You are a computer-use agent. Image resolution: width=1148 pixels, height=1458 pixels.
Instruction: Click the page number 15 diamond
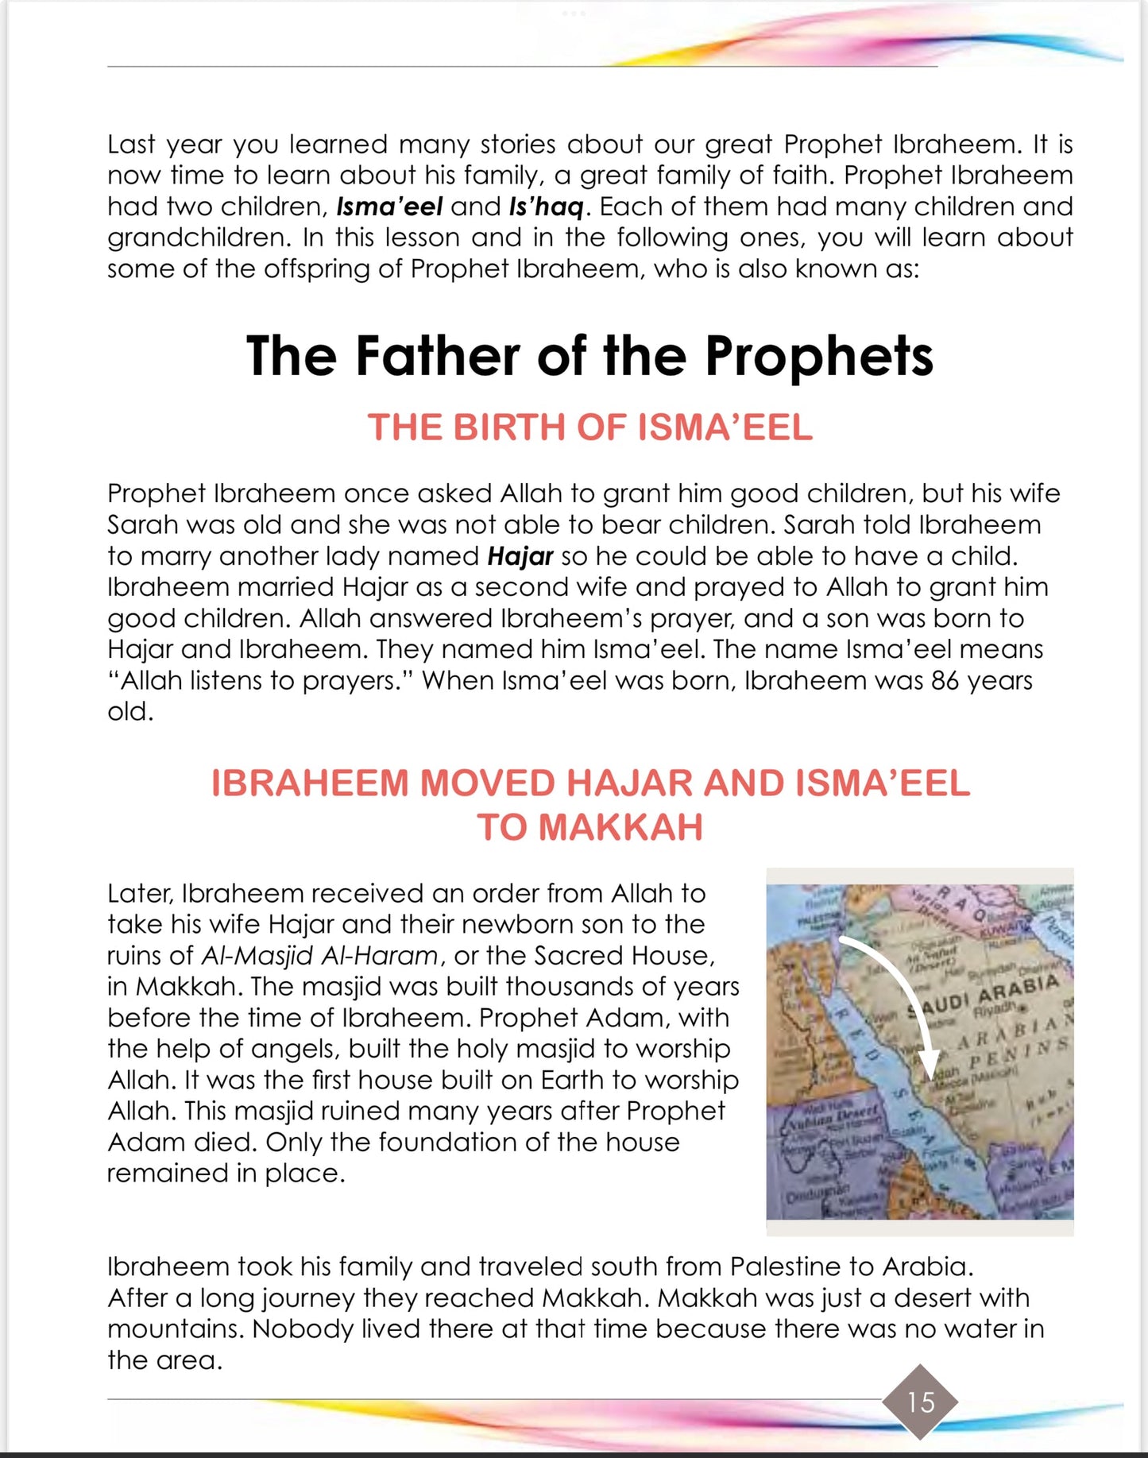click(x=920, y=1402)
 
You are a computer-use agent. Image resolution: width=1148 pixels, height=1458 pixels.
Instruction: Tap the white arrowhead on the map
click(x=928, y=1062)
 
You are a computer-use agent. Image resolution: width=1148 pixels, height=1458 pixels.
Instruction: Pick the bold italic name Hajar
click(x=520, y=556)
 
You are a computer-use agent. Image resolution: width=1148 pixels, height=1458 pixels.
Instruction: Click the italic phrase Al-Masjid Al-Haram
click(x=319, y=955)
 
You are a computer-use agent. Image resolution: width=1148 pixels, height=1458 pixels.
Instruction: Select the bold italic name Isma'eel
click(x=389, y=207)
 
